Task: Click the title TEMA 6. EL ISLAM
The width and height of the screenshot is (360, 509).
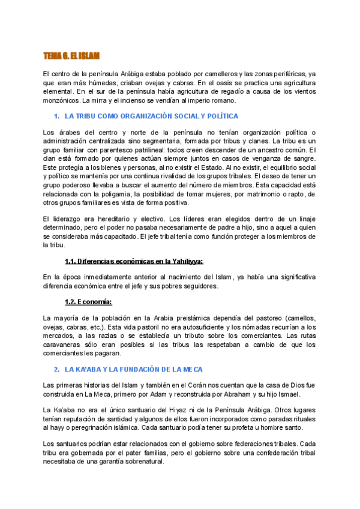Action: point(75,55)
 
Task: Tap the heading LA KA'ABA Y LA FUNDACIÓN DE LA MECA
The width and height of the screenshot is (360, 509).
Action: point(143,369)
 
